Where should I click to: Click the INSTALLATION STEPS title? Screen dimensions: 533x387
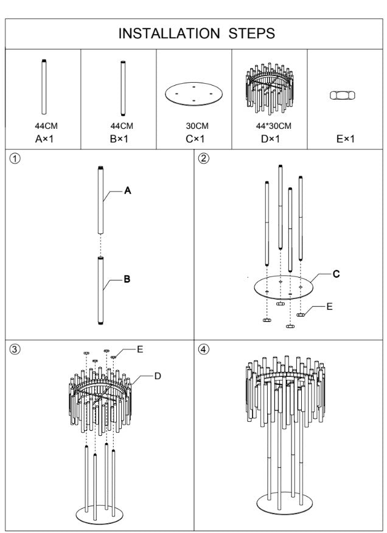[196, 33]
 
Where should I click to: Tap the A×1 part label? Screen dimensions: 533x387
[44, 139]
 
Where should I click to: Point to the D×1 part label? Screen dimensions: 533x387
[270, 139]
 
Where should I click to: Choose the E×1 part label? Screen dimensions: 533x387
[345, 139]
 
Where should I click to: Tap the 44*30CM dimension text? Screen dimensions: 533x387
[270, 126]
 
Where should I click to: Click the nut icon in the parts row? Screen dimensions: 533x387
[342, 95]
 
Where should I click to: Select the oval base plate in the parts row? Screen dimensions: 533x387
[193, 95]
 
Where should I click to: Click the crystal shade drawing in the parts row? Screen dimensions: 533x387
[270, 88]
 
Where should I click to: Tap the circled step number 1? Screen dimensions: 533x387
[15, 158]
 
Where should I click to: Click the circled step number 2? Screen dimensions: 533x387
[204, 158]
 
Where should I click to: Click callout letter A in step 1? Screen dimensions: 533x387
[128, 191]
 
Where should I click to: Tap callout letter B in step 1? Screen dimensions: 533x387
[127, 280]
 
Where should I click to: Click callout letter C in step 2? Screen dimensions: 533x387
[336, 274]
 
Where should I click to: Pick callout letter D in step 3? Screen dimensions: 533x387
[157, 377]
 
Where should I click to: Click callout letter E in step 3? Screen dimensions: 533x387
[140, 349]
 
